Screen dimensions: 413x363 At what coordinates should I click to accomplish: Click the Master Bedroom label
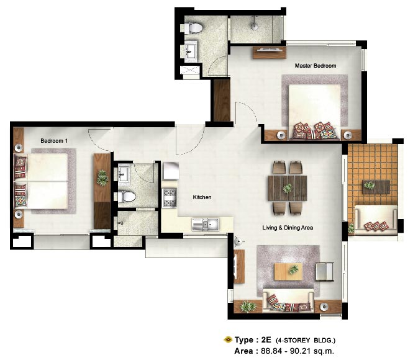click(x=315, y=66)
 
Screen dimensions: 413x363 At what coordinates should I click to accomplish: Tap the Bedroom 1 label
click(x=54, y=141)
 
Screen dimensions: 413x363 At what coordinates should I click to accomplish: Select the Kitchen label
click(x=202, y=197)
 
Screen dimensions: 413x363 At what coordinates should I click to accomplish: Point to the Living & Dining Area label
click(x=288, y=228)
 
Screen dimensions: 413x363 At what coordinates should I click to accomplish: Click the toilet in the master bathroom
click(x=193, y=28)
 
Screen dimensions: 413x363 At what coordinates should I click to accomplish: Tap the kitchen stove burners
click(x=170, y=198)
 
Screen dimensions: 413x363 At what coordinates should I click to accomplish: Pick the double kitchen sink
click(x=205, y=225)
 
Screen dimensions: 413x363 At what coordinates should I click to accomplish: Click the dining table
click(x=288, y=188)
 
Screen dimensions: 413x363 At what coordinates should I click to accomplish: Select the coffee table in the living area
click(x=288, y=271)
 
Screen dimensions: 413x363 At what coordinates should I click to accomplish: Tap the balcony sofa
click(x=376, y=220)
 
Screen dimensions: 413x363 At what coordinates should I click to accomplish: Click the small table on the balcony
click(x=376, y=187)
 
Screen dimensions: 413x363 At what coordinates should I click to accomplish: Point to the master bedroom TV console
click(x=269, y=53)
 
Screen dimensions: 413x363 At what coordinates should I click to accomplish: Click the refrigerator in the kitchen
click(x=171, y=171)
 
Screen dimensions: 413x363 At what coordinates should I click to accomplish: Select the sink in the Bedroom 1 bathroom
click(x=123, y=173)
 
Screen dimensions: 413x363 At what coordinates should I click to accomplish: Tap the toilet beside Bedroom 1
click(x=127, y=197)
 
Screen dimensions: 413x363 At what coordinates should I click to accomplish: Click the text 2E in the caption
click(x=266, y=339)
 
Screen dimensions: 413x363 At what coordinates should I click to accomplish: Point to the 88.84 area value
click(x=271, y=351)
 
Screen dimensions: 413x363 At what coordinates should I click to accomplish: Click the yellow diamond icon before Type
click(x=228, y=339)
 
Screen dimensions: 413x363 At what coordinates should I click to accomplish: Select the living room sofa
click(x=288, y=300)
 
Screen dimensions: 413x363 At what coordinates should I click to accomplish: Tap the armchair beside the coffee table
click(x=324, y=272)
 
